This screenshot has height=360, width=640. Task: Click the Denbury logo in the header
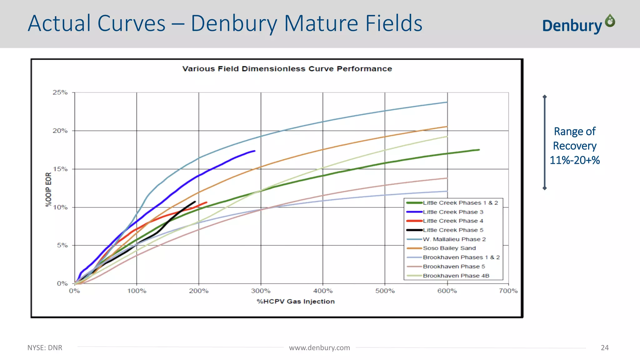[x=578, y=24]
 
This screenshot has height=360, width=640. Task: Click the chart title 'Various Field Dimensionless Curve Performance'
[x=287, y=69]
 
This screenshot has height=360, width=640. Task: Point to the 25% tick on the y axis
[x=60, y=92]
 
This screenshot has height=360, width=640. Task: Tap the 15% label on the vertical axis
[x=60, y=169]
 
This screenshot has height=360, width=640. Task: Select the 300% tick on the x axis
[x=261, y=291]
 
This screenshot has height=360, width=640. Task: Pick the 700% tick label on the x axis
[x=508, y=291]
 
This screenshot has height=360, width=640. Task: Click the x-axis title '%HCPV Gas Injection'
[x=296, y=302]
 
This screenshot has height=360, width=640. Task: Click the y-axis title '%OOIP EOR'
[x=48, y=189]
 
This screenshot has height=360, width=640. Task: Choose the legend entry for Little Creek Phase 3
[x=453, y=212]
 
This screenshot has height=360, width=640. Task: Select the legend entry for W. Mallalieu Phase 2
[x=454, y=239]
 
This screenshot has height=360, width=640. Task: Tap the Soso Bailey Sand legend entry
[x=449, y=248]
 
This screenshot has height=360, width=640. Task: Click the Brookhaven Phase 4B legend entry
[x=456, y=276]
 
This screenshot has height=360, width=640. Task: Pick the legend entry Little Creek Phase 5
[x=453, y=230]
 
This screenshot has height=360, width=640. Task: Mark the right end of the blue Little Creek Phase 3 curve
[x=255, y=151]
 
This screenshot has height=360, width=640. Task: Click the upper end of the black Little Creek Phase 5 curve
[x=195, y=202]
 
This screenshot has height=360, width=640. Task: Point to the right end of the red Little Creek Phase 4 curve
[x=207, y=202]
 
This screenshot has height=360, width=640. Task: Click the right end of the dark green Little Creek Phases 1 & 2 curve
[x=479, y=150]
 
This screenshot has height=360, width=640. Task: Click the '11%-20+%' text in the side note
[x=574, y=160]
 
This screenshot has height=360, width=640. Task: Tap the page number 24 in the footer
[x=605, y=348]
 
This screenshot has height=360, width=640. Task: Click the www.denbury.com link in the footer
[x=319, y=348]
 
